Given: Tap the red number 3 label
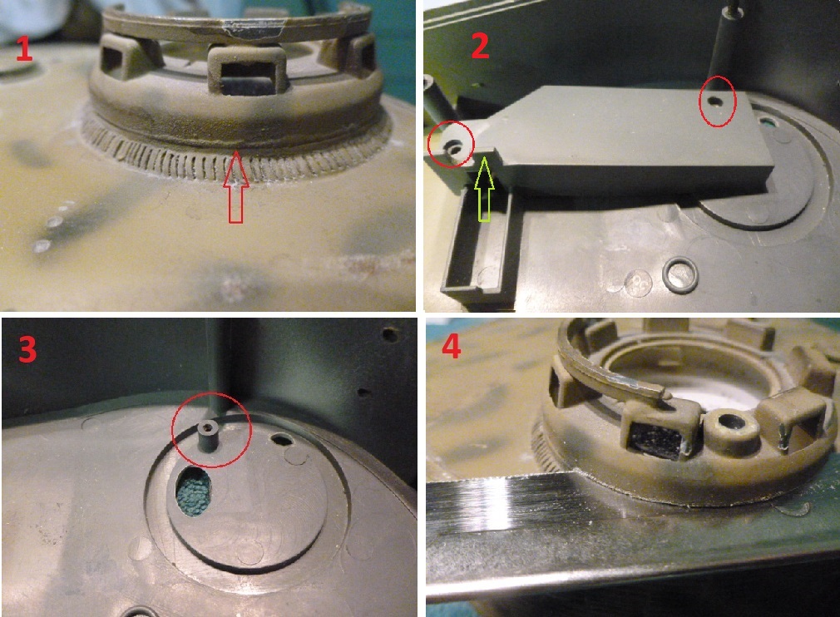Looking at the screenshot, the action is point(27,350).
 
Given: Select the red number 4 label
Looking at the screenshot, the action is point(452,344).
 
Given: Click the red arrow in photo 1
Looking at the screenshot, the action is point(235,186).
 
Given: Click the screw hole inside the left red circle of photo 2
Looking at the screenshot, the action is point(454,146).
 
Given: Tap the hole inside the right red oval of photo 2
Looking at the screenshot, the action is point(714,100).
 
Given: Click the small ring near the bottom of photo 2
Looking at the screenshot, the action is point(679,274).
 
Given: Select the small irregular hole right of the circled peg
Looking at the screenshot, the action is point(282,440).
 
